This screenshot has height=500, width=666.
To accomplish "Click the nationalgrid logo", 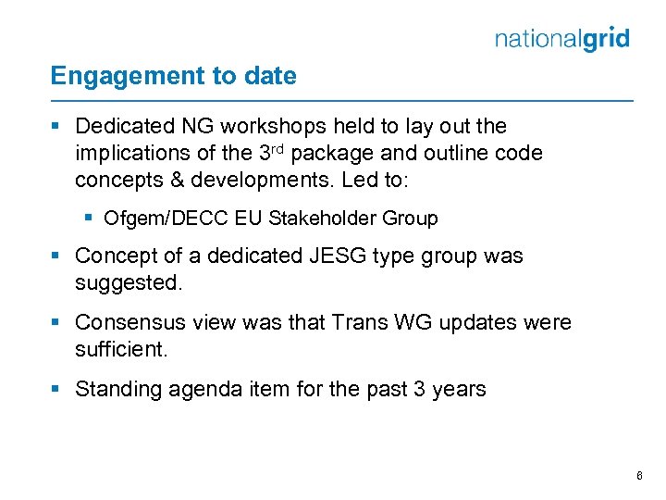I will [x=561, y=39].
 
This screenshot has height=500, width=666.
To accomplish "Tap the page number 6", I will [x=639, y=476].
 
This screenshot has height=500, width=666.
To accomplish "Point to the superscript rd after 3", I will [x=275, y=148].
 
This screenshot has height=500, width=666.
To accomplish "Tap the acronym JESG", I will [x=344, y=256].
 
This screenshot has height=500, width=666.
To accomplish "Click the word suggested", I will [x=129, y=282].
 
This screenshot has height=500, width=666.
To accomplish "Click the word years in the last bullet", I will [x=457, y=389].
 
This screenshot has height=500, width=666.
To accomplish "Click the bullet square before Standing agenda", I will [x=59, y=389].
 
